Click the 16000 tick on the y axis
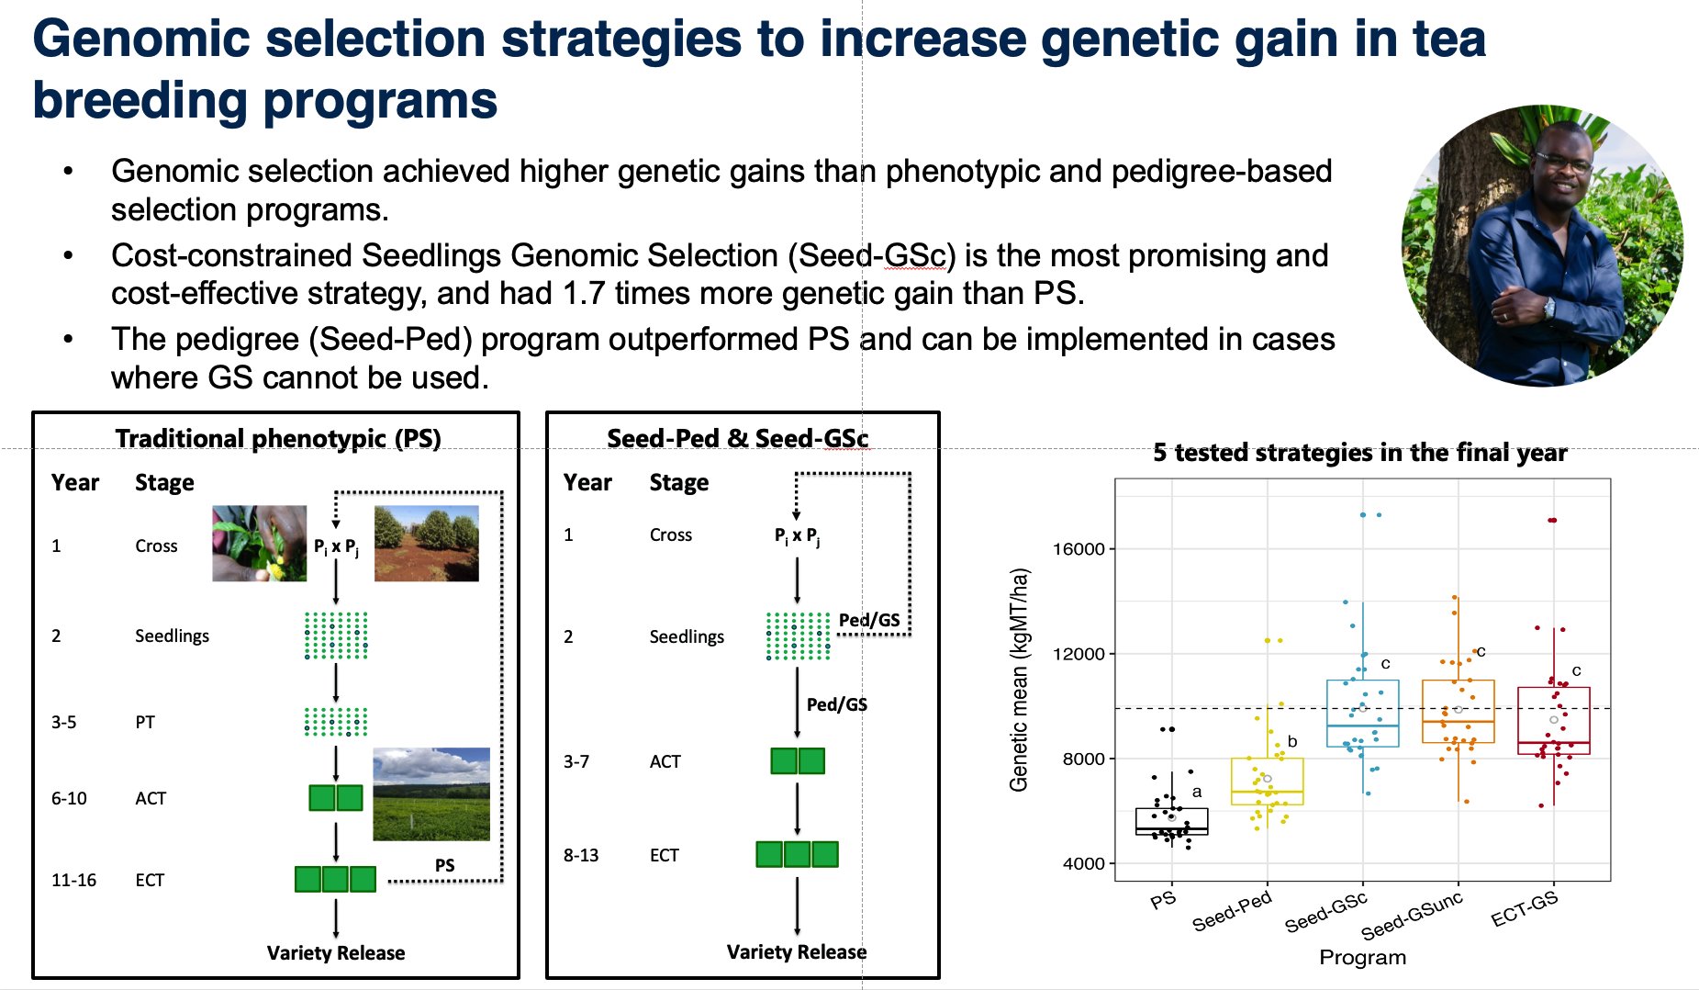click(1078, 549)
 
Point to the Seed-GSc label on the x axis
click(1326, 912)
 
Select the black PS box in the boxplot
click(1171, 821)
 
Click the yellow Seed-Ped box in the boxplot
click(1267, 782)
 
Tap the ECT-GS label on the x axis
click(1525, 909)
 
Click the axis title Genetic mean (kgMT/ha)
click(1019, 680)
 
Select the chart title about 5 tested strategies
click(1359, 453)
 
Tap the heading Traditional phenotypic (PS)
click(278, 439)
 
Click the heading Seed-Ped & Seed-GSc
click(737, 439)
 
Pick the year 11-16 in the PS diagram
click(73, 880)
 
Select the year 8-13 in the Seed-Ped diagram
click(580, 855)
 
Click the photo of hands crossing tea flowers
click(259, 543)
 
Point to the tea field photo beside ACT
click(430, 794)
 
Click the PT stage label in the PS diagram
click(145, 722)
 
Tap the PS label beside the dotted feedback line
click(444, 865)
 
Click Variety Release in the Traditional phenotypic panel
click(335, 952)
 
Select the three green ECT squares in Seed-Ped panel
click(797, 854)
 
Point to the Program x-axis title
click(1362, 957)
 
